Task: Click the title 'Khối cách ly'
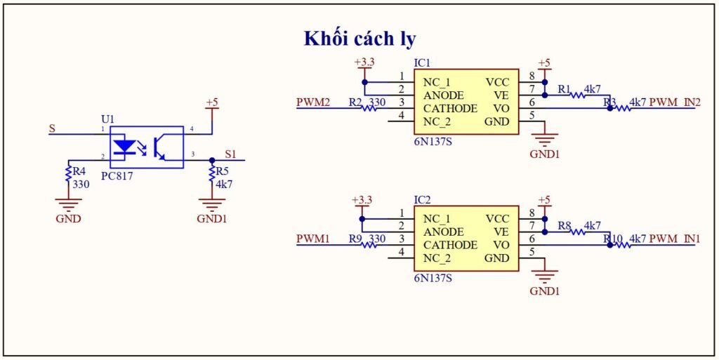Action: coord(359,39)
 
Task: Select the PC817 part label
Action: coord(117,175)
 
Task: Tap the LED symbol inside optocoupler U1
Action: coord(124,147)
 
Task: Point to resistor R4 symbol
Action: coord(68,173)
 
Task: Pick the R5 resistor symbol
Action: coord(212,173)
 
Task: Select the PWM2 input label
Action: coord(313,102)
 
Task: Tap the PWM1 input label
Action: coord(313,239)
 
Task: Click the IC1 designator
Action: coord(422,63)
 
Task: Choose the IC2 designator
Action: coord(422,201)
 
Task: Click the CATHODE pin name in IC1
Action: coord(450,109)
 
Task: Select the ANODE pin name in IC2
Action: coord(444,232)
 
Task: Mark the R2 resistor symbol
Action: coord(369,109)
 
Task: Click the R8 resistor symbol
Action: coord(578,232)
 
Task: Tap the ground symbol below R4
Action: coord(68,204)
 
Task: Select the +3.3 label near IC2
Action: coord(362,201)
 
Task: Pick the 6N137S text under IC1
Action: coord(433,141)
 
